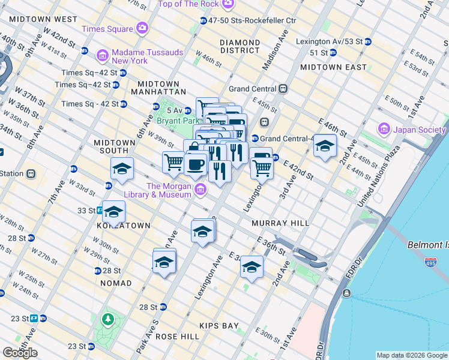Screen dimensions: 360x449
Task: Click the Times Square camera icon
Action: coord(142,28)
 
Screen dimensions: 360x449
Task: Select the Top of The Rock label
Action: coord(188,5)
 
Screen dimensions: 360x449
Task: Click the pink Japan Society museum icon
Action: coord(383,129)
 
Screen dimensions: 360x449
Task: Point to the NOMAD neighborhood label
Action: coord(116,283)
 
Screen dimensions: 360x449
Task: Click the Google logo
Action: coord(20,353)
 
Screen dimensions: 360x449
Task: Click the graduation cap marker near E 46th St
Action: coord(325,146)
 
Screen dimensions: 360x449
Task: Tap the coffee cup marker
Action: coord(196,164)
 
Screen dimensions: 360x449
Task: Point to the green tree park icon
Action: coord(108,319)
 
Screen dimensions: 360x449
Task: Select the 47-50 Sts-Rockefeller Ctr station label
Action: coord(252,20)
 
